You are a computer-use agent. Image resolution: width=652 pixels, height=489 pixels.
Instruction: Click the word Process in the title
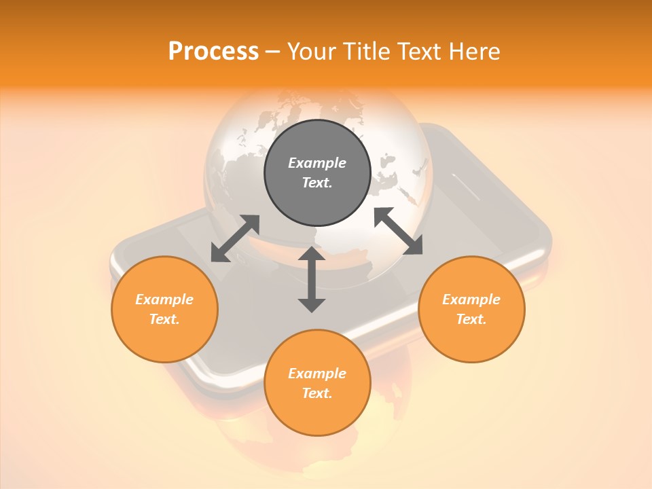pyautogui.click(x=213, y=52)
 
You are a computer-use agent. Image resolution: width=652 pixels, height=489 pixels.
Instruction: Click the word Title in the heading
pyautogui.click(x=363, y=52)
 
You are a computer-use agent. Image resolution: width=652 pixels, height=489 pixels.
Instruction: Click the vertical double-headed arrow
pyautogui.click(x=312, y=279)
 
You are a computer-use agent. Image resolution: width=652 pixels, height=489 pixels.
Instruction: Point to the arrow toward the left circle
pyautogui.click(x=235, y=238)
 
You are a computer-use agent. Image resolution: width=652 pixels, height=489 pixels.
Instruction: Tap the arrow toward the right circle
pyautogui.click(x=398, y=231)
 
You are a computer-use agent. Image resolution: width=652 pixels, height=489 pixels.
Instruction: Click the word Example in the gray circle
pyautogui.click(x=317, y=163)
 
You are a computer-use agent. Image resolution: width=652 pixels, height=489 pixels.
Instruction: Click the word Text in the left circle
pyautogui.click(x=164, y=319)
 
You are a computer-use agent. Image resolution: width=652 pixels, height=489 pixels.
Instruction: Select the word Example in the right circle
pyautogui.click(x=471, y=300)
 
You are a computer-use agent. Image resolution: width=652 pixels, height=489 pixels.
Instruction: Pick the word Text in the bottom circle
pyautogui.click(x=317, y=393)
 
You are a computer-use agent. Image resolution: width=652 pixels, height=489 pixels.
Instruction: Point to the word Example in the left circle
pyautogui.click(x=164, y=300)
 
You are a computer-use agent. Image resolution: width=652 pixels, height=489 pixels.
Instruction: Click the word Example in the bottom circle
pyautogui.click(x=317, y=374)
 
